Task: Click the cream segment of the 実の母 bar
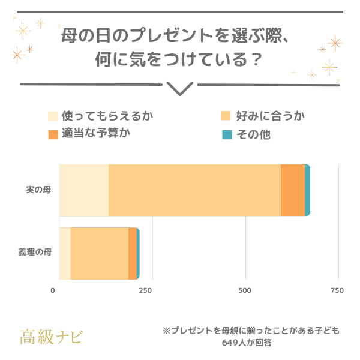click(84, 190)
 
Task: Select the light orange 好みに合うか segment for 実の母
click(194, 190)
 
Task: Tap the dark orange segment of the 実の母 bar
click(293, 190)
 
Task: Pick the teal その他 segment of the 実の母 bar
click(307, 190)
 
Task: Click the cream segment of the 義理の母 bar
click(65, 253)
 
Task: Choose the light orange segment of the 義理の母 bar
click(99, 253)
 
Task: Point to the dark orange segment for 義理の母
click(132, 253)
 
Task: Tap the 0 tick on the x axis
click(53, 291)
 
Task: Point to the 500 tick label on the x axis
click(244, 291)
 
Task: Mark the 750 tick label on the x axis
click(337, 291)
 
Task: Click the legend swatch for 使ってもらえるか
click(53, 116)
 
